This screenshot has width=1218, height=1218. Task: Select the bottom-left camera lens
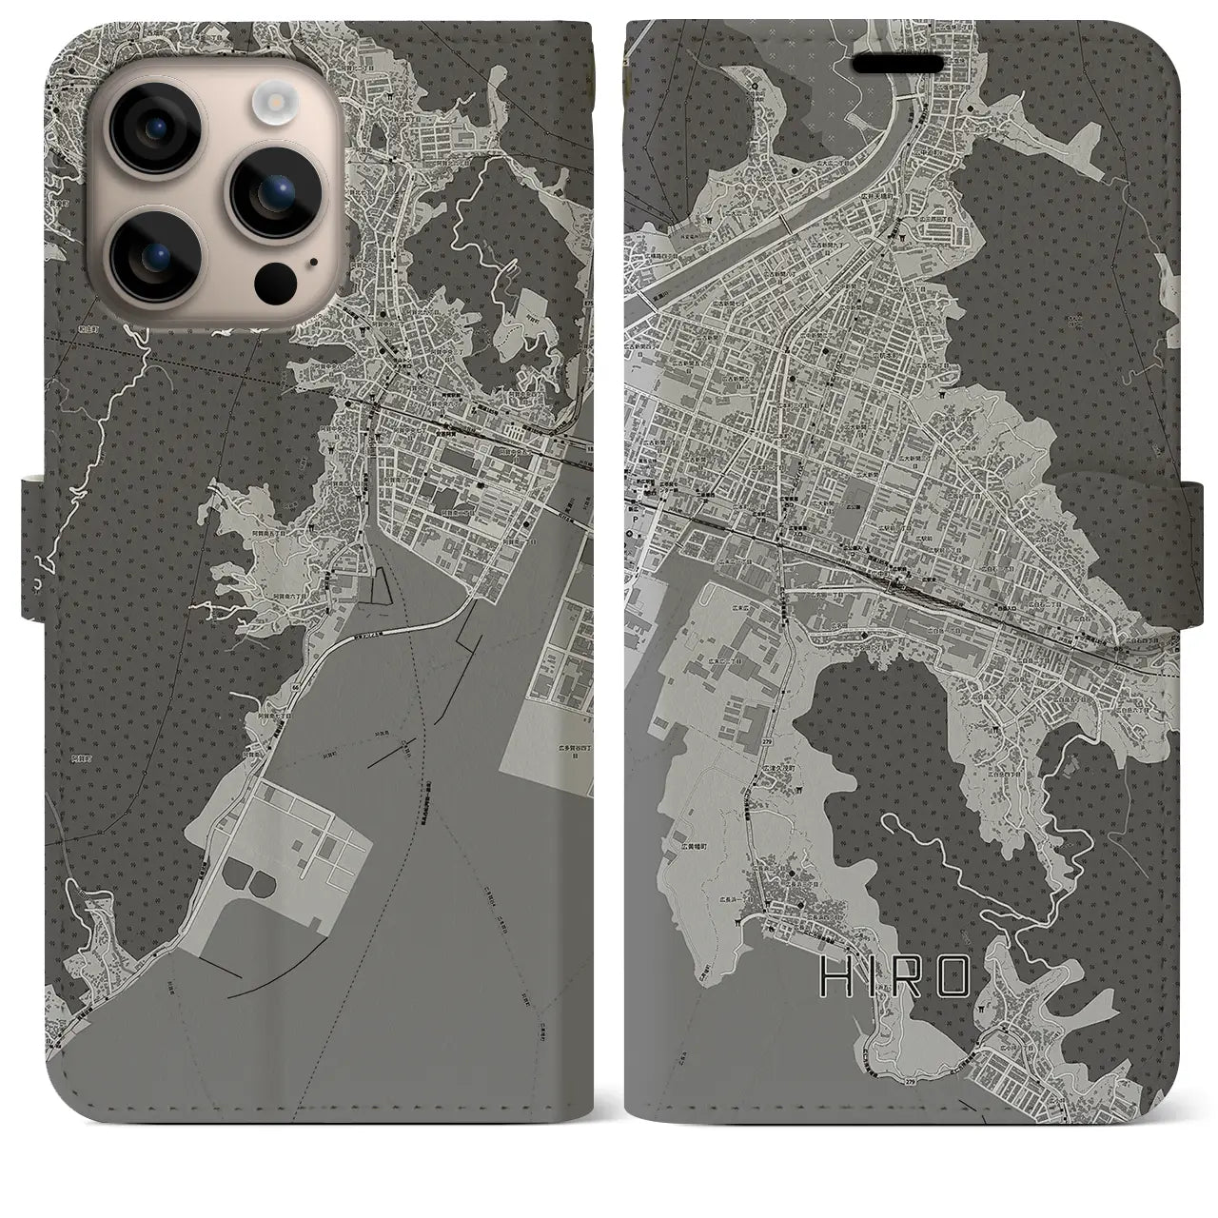151,250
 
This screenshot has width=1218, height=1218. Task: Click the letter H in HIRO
835,977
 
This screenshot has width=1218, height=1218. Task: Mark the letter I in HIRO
874,977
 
